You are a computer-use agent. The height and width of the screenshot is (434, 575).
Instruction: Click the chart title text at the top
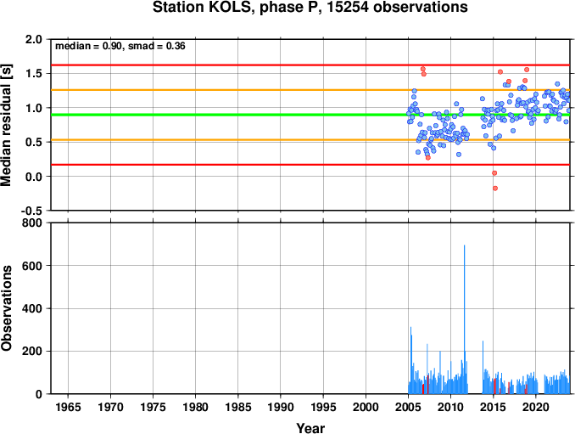[x=310, y=8]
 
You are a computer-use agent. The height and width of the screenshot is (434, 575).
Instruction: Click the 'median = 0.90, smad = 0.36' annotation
[x=120, y=46]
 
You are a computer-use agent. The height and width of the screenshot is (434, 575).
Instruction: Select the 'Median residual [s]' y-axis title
[x=6, y=125]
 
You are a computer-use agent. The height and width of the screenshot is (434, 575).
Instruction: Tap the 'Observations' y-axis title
[x=6, y=308]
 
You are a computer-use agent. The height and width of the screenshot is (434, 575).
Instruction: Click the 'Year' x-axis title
[x=310, y=428]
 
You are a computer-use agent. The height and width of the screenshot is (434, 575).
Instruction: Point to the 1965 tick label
[x=68, y=407]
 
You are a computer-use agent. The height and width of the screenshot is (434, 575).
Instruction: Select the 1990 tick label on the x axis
[x=281, y=407]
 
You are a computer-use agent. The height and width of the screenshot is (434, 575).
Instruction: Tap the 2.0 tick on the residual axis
[x=34, y=39]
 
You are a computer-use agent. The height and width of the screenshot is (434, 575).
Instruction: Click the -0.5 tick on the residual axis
[x=31, y=211]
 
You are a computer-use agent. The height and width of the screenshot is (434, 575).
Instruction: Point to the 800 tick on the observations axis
[x=32, y=223]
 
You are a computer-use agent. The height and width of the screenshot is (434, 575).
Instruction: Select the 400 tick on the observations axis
[x=32, y=308]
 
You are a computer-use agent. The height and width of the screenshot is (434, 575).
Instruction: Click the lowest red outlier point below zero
[x=495, y=189]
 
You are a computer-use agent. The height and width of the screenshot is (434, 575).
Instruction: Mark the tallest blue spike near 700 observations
[x=465, y=319]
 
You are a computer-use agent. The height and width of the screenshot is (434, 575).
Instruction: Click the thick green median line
[x=310, y=115]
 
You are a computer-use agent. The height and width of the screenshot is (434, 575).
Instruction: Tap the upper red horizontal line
[x=310, y=65]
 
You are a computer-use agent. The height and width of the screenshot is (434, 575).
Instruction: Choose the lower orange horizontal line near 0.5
[x=310, y=140]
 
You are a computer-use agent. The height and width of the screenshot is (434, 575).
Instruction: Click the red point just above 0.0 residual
[x=494, y=173]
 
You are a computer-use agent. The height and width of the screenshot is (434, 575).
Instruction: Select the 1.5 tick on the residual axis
[x=34, y=73]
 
